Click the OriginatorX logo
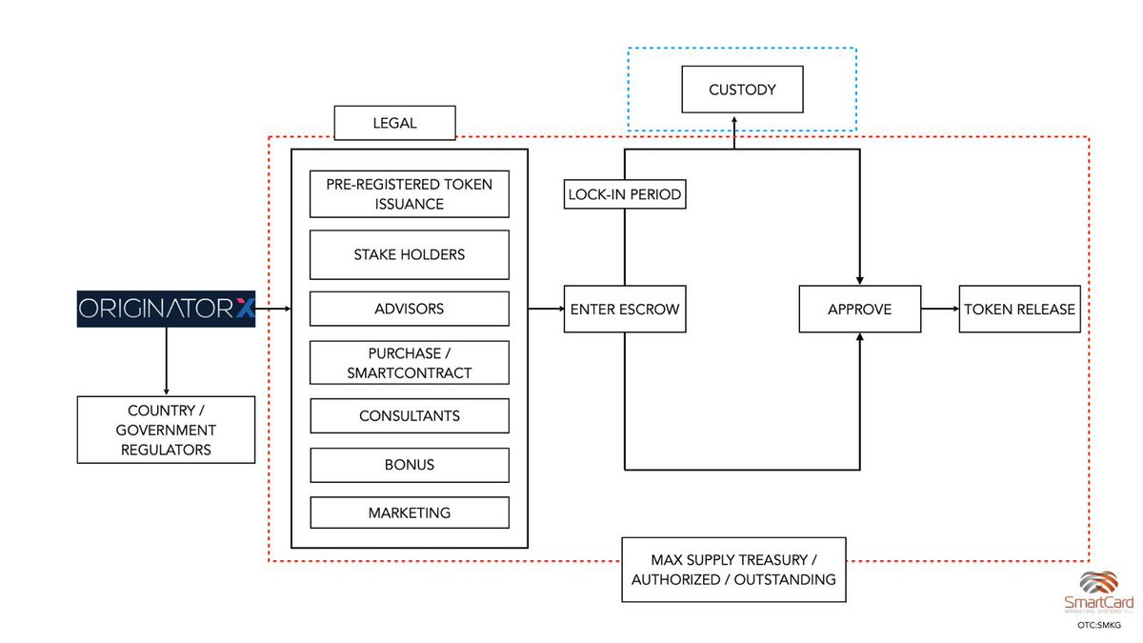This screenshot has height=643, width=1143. click(166, 309)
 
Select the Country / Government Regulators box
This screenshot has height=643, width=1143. click(166, 430)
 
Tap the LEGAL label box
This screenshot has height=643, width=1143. click(395, 123)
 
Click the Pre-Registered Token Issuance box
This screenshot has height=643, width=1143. click(409, 193)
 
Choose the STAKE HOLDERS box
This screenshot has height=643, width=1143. click(409, 254)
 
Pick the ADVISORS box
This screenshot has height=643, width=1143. click(409, 309)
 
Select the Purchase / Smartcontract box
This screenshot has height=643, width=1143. click(409, 362)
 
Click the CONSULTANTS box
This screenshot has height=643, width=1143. click(409, 416)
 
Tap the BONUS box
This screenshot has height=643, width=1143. click(409, 465)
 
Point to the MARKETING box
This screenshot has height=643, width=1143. click(409, 512)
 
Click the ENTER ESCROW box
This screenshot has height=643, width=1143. click(624, 309)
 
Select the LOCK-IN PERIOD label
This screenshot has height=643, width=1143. click(624, 194)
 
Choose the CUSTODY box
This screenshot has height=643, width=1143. click(742, 90)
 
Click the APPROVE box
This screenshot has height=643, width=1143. click(859, 309)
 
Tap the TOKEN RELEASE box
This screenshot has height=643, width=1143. click(1019, 309)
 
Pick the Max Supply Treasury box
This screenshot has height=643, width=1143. click(733, 569)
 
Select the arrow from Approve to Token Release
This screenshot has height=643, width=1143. click(939, 309)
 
